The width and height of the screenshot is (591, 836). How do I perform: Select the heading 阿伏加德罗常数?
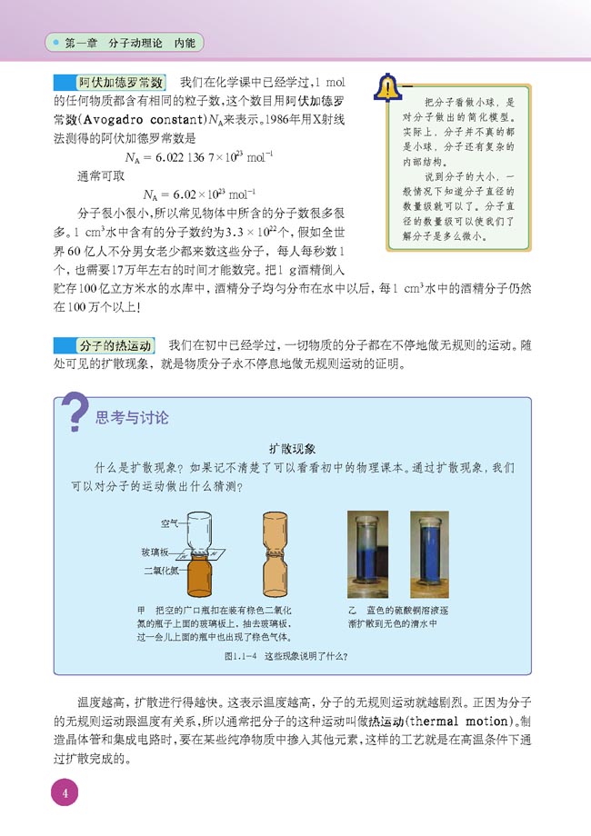coord(119,83)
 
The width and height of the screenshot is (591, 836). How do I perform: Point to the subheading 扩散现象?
coord(292,449)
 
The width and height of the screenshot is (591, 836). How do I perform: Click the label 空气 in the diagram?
coord(169,523)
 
